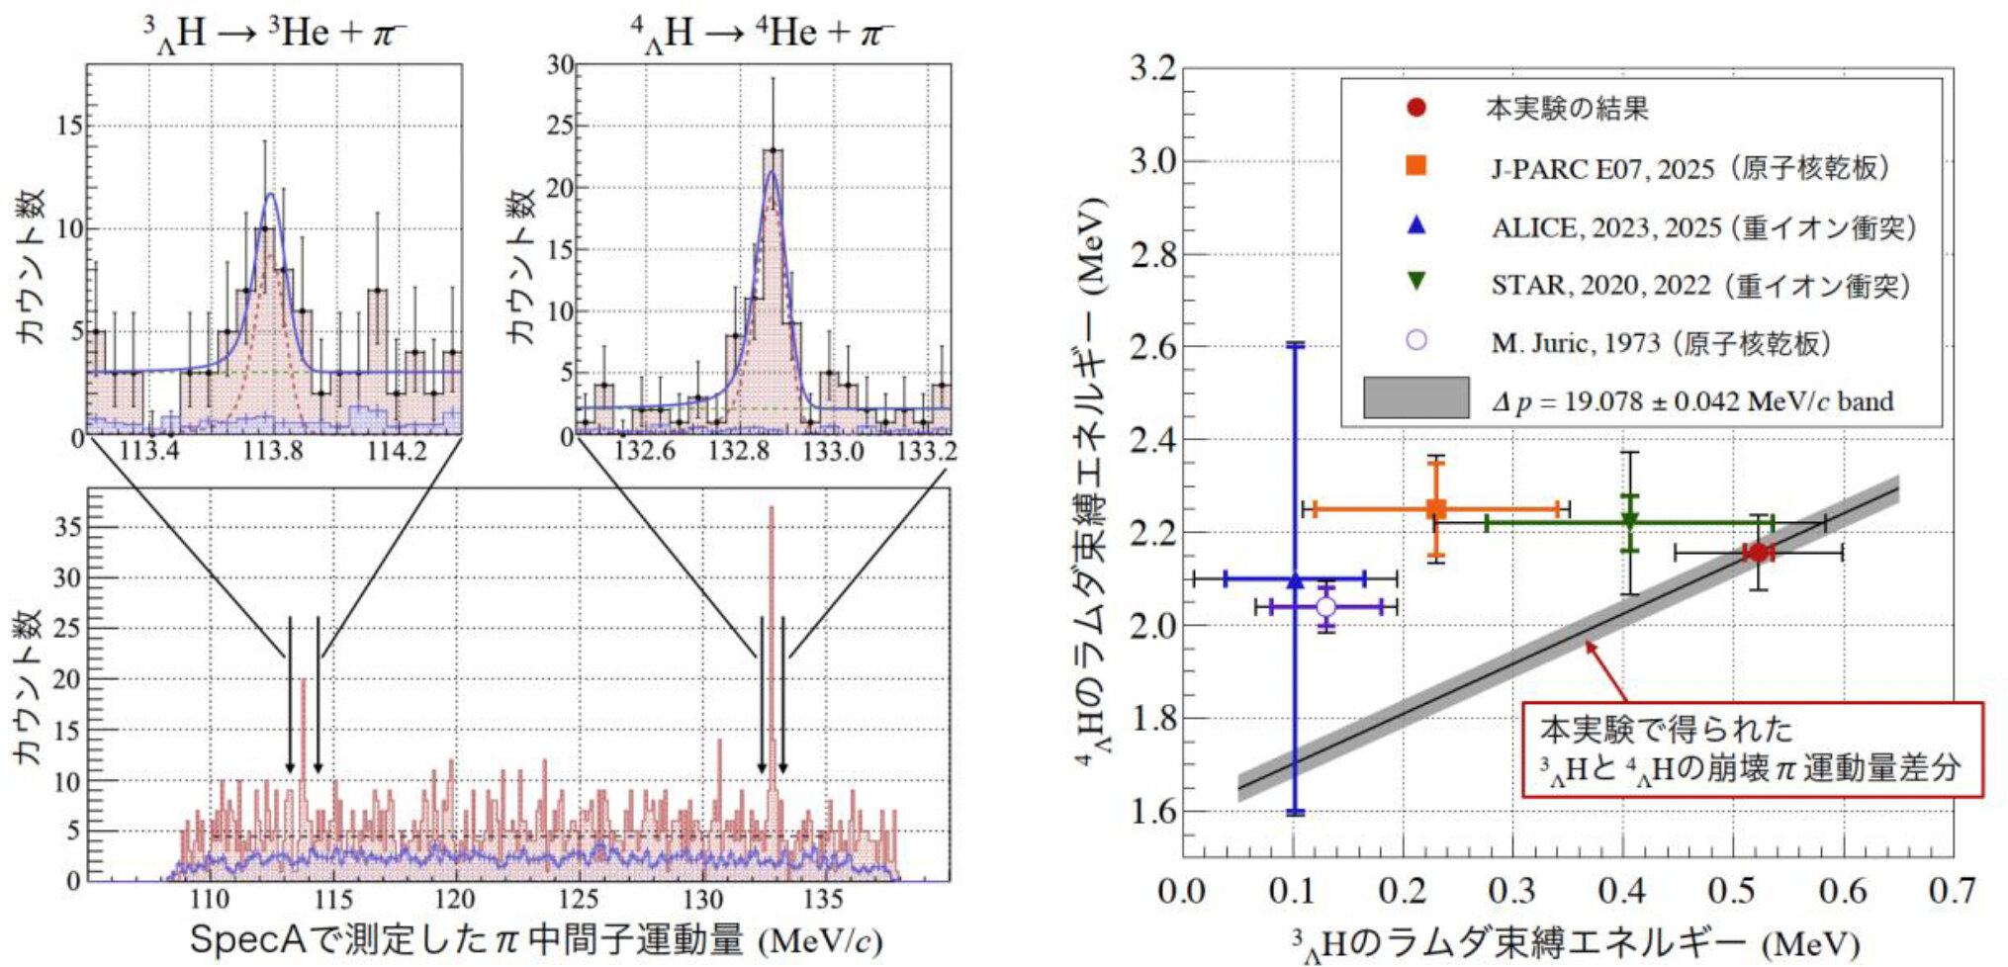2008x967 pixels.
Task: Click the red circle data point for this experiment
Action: [1757, 553]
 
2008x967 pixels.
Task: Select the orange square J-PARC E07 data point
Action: [1436, 509]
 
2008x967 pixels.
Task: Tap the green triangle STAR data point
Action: [1630, 521]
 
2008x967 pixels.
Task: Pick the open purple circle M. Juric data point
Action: [1325, 606]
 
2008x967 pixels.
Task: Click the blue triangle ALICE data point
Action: [1295, 580]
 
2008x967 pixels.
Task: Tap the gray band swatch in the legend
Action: [1415, 397]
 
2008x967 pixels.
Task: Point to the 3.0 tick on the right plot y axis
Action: [1154, 161]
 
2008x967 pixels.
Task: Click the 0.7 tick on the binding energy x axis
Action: [1952, 891]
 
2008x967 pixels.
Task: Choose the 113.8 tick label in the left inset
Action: [273, 452]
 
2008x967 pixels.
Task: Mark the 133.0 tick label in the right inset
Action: [832, 452]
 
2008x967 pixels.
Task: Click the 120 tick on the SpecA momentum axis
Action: [455, 900]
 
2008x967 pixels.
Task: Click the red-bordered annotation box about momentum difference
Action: [1752, 748]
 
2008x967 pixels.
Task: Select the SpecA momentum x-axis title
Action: [535, 939]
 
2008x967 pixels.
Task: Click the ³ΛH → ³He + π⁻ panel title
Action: [273, 34]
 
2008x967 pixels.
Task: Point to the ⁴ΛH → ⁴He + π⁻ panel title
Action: [762, 34]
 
